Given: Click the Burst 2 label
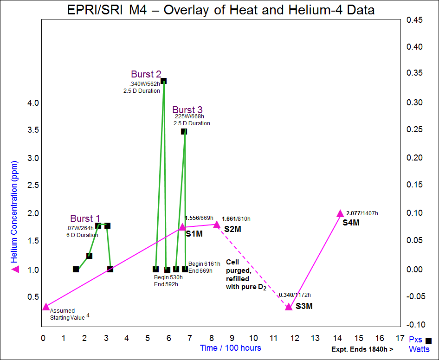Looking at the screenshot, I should tap(146, 74).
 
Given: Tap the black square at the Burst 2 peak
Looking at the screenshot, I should tap(163, 81).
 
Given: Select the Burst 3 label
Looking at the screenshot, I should tap(187, 110).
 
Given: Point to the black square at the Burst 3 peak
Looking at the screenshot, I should tap(184, 132).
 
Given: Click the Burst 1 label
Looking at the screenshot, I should tap(85, 219).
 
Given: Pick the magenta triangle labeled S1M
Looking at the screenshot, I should tap(182, 227).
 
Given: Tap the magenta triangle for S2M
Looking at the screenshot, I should tap(216, 225).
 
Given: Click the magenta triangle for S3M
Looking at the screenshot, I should tap(289, 307).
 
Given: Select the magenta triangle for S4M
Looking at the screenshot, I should tap(340, 213).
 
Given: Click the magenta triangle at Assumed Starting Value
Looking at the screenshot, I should tap(45, 307).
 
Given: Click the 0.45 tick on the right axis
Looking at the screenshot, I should tap(414, 19).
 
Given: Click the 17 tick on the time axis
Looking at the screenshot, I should tap(400, 338).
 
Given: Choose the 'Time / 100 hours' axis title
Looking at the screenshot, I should tap(230, 348).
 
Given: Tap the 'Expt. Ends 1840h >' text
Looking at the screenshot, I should tap(362, 349).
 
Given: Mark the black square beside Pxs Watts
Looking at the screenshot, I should tap(428, 341).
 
